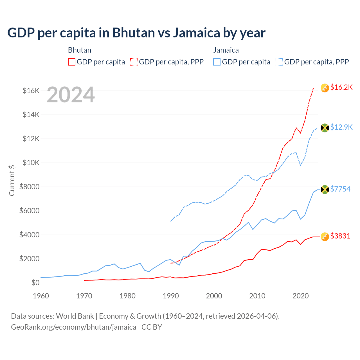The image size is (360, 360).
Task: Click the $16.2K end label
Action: click(341, 87)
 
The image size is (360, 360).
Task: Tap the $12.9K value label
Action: click(341, 127)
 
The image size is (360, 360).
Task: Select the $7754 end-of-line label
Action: click(340, 189)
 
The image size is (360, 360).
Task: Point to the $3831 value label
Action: click(340, 236)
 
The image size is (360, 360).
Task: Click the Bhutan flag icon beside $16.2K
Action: click(325, 88)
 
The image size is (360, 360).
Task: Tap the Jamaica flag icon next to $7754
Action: click(325, 190)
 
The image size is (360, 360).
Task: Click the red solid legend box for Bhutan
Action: click(72, 62)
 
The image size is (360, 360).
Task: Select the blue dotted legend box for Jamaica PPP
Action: click(279, 62)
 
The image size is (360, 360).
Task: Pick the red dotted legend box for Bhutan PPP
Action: click(134, 62)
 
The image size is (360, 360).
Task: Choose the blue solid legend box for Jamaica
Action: click(217, 62)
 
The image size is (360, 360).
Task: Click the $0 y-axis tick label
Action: click(35, 283)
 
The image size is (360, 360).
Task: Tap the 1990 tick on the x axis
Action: click(171, 296)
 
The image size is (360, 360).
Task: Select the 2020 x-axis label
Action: click(301, 296)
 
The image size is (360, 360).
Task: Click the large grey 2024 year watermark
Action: click(71, 95)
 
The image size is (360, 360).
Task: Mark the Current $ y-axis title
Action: click(12, 180)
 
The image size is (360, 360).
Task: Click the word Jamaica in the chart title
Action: click(196, 33)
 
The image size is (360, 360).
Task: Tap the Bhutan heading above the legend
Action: click(80, 50)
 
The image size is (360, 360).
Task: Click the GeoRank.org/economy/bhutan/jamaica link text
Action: click(74, 327)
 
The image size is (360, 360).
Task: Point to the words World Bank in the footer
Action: click(75, 316)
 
